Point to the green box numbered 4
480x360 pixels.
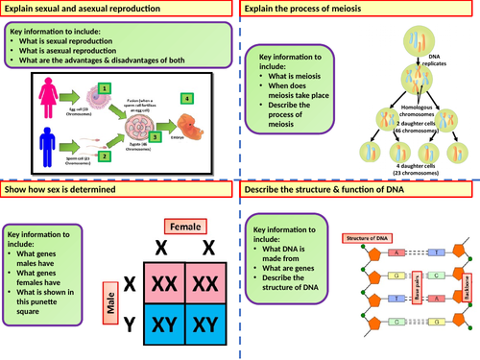pos(188,98)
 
